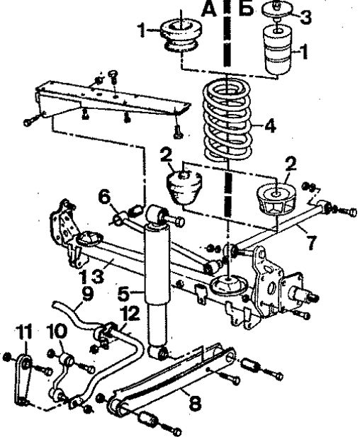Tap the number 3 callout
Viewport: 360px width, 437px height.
(x=305, y=16)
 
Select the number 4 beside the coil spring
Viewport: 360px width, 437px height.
(x=270, y=125)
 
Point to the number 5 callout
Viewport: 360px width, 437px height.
(x=124, y=294)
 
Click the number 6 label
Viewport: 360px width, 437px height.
(x=104, y=198)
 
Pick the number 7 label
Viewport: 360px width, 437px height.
(x=311, y=242)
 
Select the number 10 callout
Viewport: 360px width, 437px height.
(x=57, y=331)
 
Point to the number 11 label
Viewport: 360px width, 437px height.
(x=23, y=332)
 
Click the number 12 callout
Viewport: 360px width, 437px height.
(x=130, y=313)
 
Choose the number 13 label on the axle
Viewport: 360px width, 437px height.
(x=91, y=276)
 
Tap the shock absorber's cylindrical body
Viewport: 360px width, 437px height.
(x=157, y=263)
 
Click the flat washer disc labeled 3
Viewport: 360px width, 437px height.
(x=278, y=8)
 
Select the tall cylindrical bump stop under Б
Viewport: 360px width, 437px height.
(x=279, y=50)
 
